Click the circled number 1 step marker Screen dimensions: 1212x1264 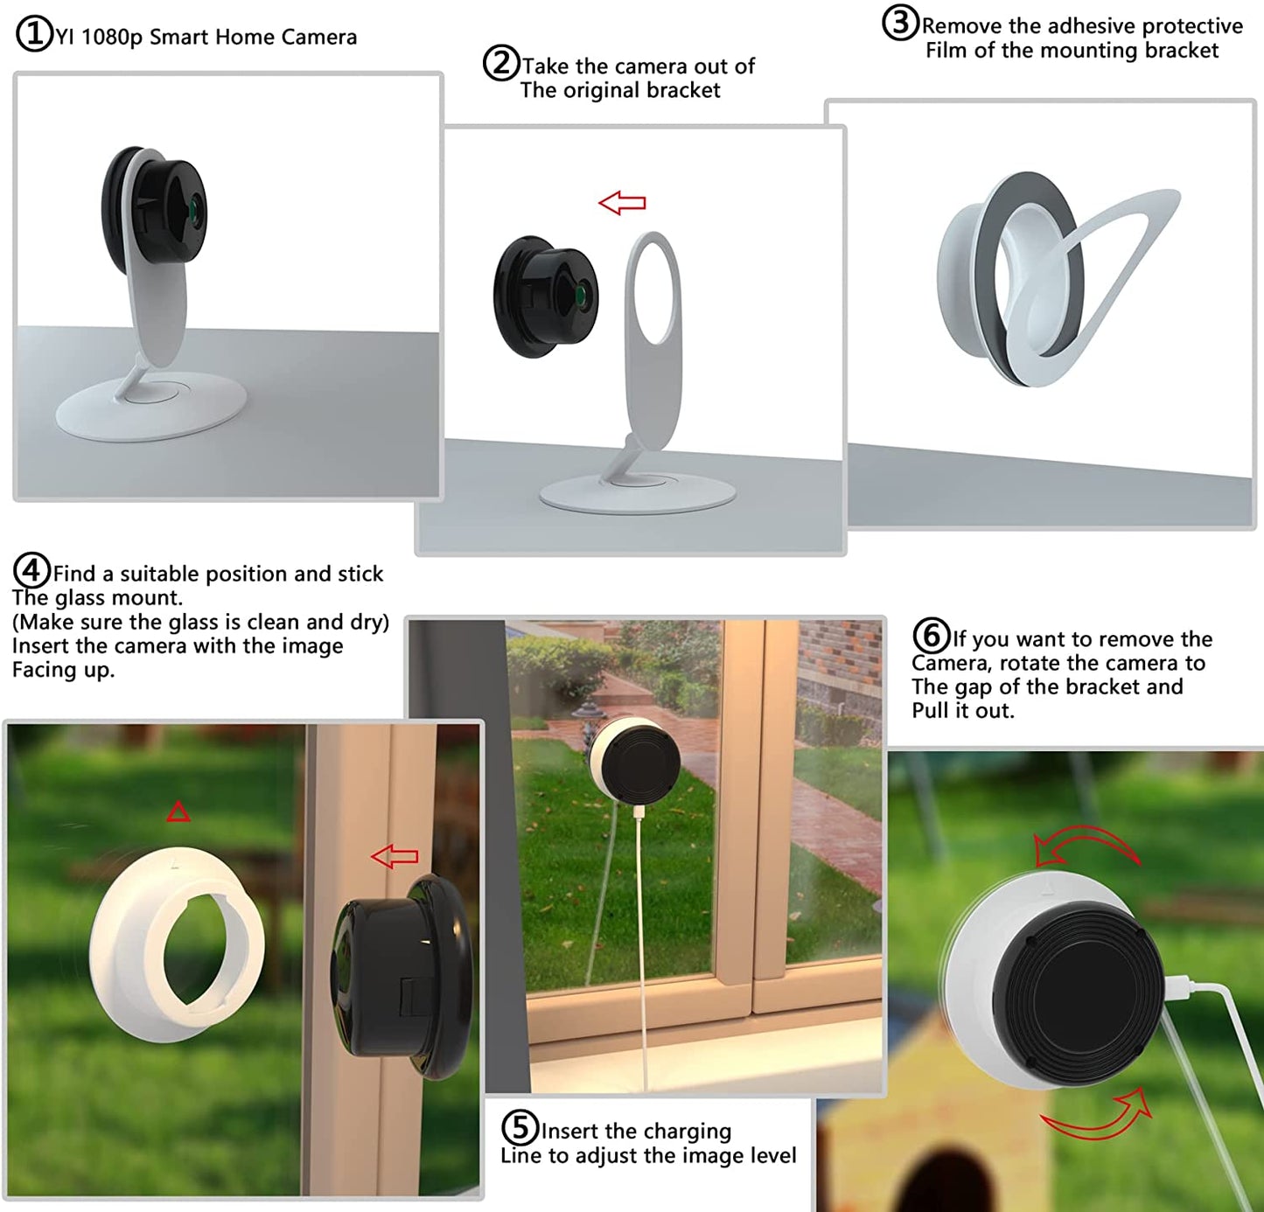coord(35,35)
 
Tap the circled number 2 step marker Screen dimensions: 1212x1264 coord(501,64)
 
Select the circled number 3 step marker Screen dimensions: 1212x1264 coord(900,24)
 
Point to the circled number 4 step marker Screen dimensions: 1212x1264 coord(31,571)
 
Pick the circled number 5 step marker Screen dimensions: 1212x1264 coord(520,1128)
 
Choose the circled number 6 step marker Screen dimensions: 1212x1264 coord(932,636)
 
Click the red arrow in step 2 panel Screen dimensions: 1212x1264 coord(622,203)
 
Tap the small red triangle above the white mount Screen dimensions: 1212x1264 coord(178,812)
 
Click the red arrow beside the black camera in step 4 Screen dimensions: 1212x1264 coord(395,857)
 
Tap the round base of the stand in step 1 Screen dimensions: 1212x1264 coord(150,405)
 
